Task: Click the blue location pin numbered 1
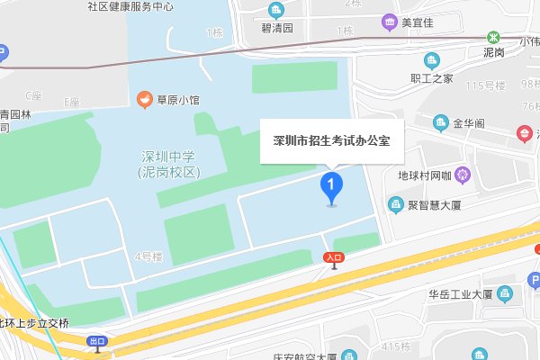(332, 187)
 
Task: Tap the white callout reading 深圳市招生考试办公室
(332, 141)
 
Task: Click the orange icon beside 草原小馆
(142, 98)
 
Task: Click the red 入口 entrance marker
(334, 258)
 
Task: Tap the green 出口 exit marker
(98, 341)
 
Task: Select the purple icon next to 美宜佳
(389, 22)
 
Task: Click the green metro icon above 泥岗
(493, 38)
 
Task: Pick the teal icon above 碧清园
(275, 11)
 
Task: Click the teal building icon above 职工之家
(430, 60)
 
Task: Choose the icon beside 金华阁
(441, 121)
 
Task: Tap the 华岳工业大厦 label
(459, 293)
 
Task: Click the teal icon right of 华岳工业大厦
(505, 293)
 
